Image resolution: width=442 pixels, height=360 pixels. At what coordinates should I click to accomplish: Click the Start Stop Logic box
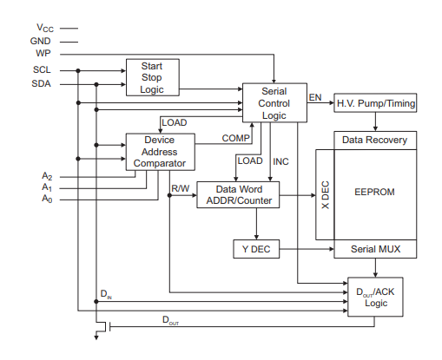153,77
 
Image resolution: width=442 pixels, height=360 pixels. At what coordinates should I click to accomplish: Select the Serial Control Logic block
274,102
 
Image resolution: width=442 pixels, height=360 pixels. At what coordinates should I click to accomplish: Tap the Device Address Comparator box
160,152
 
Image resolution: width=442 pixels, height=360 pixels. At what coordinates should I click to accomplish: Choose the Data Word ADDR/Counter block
238,194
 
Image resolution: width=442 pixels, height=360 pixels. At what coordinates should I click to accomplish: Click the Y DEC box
256,249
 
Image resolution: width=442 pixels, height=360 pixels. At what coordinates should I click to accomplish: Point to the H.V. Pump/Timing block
375,102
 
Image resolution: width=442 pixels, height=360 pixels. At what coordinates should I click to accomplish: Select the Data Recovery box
375,141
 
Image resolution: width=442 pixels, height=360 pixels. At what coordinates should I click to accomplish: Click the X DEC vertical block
325,194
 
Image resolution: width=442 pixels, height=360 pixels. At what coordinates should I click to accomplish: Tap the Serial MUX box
375,249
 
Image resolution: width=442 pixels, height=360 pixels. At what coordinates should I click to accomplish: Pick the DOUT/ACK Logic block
375,297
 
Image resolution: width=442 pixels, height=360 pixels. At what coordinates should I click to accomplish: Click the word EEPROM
374,192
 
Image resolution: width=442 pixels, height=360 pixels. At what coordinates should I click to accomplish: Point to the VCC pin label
45,28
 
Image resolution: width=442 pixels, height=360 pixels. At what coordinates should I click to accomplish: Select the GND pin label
41,41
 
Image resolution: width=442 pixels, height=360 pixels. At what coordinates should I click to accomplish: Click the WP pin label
43,53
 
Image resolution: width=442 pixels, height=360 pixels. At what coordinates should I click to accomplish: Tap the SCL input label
42,69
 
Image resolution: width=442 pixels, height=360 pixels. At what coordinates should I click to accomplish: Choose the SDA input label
41,83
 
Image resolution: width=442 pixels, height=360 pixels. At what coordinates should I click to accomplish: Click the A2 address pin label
47,176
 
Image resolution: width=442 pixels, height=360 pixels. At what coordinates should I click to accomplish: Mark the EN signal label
315,97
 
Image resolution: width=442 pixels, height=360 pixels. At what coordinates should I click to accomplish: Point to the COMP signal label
235,138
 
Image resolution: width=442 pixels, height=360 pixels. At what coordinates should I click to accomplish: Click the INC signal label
280,161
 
